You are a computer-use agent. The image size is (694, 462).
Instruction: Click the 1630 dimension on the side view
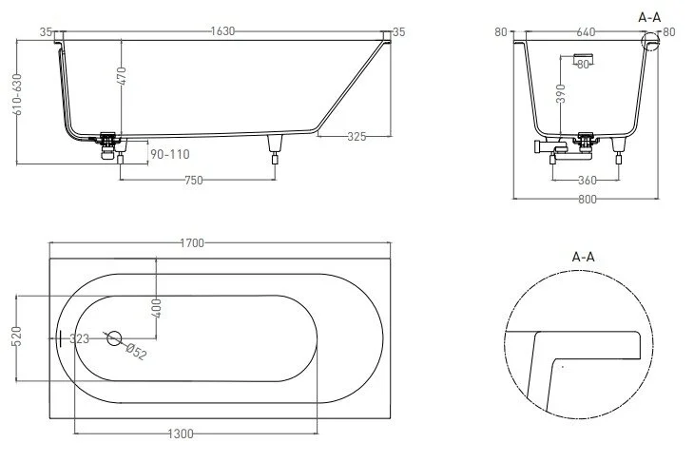point(222,31)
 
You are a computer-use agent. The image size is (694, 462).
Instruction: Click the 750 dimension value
point(196,178)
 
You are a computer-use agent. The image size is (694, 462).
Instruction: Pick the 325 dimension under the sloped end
point(356,137)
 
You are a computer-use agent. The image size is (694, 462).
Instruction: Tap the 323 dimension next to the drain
point(81,337)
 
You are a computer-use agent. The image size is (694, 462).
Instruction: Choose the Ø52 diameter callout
point(137,352)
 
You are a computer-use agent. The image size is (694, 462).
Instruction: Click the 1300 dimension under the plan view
point(180,433)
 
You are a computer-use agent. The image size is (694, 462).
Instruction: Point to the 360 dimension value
point(586,179)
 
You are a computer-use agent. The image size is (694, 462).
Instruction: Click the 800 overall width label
point(585,200)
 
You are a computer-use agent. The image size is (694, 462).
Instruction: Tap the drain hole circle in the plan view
point(114,337)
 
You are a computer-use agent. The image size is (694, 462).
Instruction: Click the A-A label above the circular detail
point(584,257)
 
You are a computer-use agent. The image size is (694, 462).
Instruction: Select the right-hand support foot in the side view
point(276,147)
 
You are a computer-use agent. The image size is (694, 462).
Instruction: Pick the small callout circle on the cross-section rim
point(650,41)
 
